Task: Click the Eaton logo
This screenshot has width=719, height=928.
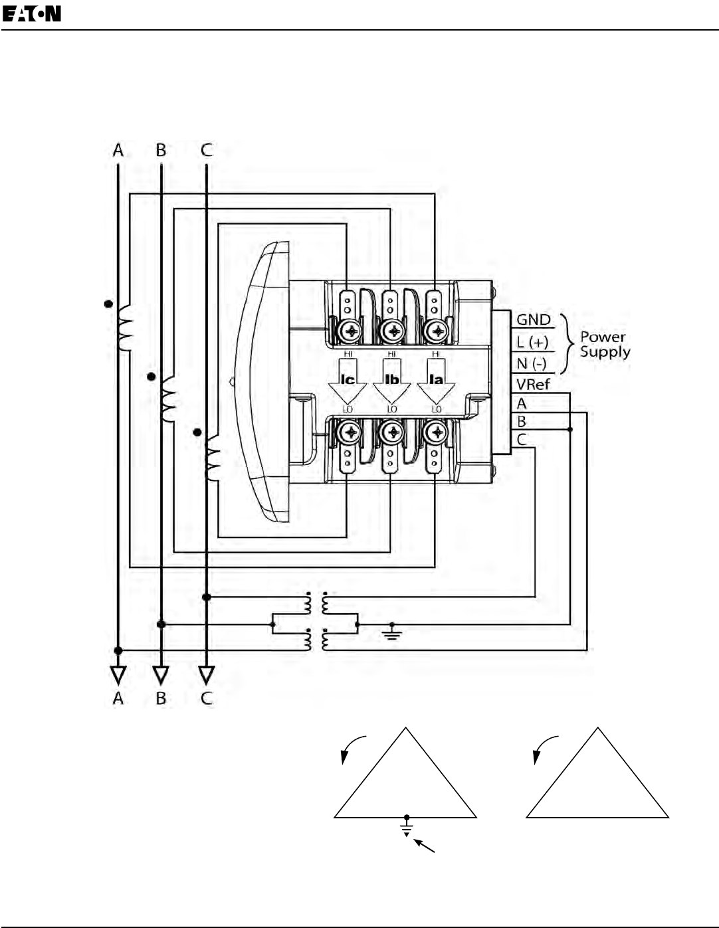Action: click(32, 14)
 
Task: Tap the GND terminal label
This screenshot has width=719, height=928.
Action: click(533, 320)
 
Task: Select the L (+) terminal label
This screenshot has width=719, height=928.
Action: click(532, 342)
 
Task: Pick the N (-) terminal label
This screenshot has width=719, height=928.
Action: click(532, 364)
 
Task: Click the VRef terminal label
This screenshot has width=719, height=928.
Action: click(533, 385)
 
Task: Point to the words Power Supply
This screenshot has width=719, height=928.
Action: click(605, 344)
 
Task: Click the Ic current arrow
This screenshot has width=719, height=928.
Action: click(348, 381)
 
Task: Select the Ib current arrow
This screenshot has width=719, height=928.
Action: click(392, 381)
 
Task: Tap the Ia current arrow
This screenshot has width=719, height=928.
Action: click(436, 381)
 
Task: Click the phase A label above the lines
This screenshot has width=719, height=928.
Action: click(118, 150)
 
